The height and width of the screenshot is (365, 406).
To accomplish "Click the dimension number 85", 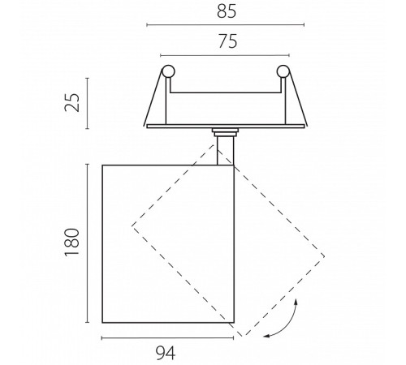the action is click(227, 12).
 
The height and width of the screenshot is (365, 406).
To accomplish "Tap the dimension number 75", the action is click(228, 41).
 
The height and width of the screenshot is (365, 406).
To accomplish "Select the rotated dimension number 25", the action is click(72, 102).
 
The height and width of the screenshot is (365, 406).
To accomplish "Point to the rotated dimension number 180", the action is click(72, 242).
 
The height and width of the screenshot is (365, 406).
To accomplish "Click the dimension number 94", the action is click(166, 353).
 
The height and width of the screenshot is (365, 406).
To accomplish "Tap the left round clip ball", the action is click(168, 71).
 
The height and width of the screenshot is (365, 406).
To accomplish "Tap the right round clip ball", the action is click(283, 71).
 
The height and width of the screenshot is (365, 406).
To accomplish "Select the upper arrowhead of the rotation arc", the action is click(296, 301).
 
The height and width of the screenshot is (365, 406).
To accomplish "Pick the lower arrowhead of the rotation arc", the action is click(266, 336).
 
